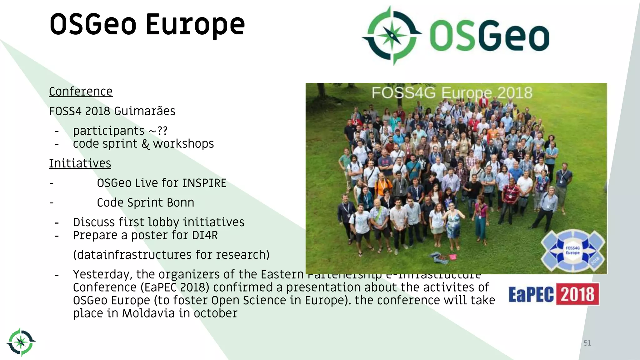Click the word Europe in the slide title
pyautogui.click(x=195, y=25)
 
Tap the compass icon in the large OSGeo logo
pyautogui.click(x=392, y=35)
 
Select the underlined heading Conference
pyautogui.click(x=81, y=92)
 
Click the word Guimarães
pyautogui.click(x=145, y=111)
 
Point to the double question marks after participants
pyautogui.click(x=162, y=131)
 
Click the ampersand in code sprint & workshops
pyautogui.click(x=145, y=144)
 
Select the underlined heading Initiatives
pyautogui.click(x=80, y=163)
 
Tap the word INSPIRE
pyautogui.click(x=204, y=183)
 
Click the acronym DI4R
pyautogui.click(x=205, y=235)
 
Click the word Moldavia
pyautogui.click(x=148, y=313)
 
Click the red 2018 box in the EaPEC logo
pyautogui.click(x=577, y=294)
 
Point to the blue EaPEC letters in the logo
pyautogui.click(x=531, y=294)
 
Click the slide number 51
pyautogui.click(x=587, y=343)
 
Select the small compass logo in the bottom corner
pyautogui.click(x=21, y=342)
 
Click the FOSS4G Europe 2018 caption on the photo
pyautogui.click(x=452, y=93)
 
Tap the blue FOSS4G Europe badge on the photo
pyautogui.click(x=572, y=250)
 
